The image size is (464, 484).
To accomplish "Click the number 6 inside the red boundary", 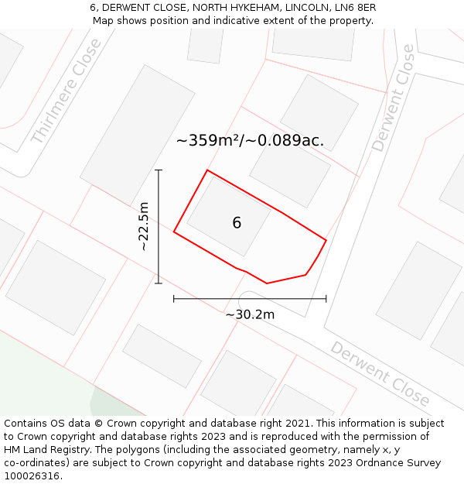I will (237, 223).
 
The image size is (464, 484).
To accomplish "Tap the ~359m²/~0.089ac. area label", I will (250, 141).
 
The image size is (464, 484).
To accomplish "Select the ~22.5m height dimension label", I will (144, 226).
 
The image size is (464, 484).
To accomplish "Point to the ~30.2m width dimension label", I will (250, 314).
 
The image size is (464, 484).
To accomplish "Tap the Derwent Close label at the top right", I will (393, 98).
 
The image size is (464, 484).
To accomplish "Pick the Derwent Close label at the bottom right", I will (380, 373).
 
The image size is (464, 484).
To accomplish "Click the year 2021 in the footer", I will (299, 424).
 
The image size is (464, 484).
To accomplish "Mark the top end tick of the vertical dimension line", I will (159, 170).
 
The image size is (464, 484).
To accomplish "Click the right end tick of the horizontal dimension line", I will (326, 298).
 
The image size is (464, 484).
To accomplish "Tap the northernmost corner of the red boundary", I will (207, 170).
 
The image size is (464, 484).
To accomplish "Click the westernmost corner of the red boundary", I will (174, 232).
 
